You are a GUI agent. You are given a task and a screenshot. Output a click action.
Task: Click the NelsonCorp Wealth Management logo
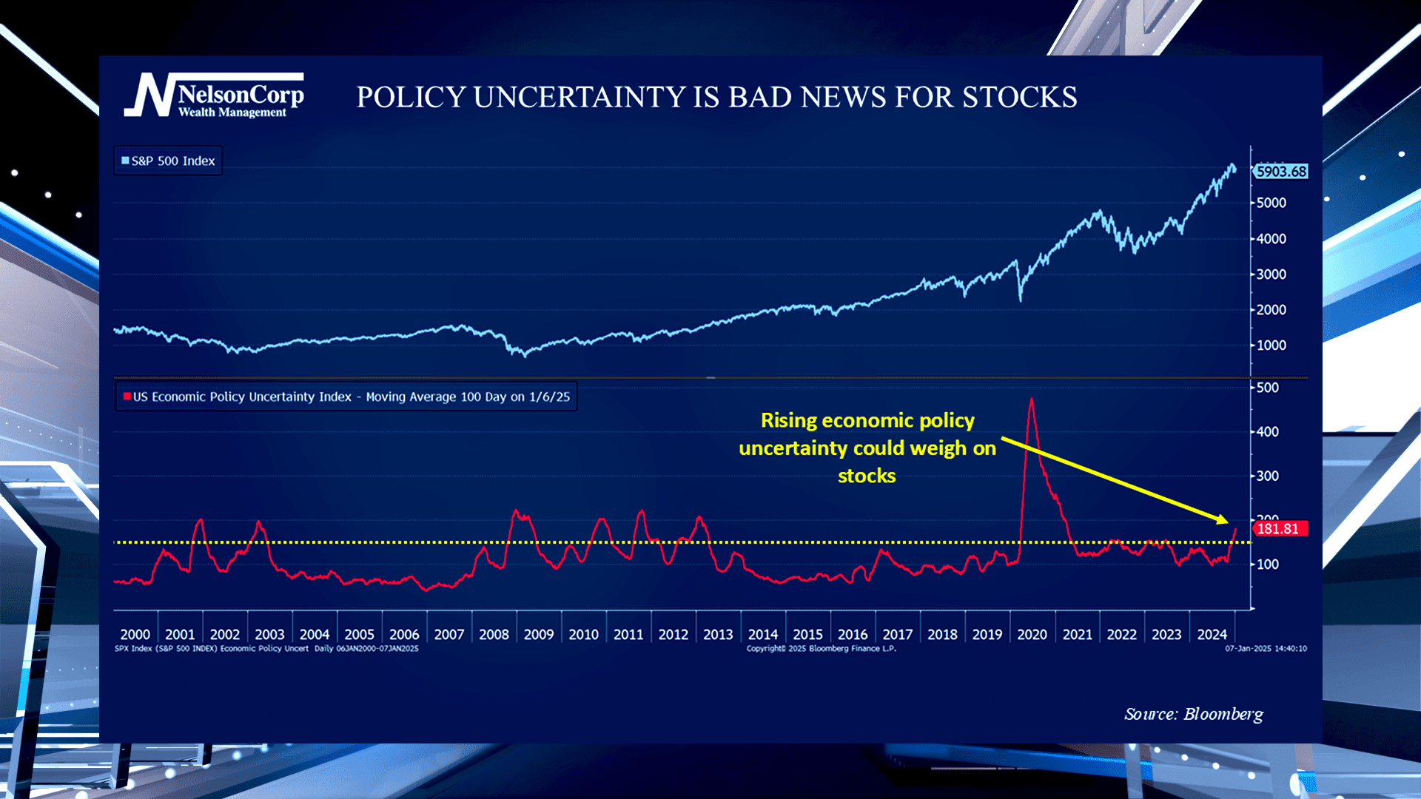point(215,96)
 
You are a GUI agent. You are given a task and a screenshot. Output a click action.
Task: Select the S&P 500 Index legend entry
point(168,161)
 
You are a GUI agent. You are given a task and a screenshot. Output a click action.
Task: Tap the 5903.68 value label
point(1281,172)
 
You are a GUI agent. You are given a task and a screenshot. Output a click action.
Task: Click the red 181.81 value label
point(1278,529)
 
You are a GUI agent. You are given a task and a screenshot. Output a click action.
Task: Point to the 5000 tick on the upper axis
point(1271,203)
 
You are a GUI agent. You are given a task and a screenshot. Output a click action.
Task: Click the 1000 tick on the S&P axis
point(1271,345)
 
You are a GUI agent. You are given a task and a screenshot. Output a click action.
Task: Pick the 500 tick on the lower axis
point(1267,388)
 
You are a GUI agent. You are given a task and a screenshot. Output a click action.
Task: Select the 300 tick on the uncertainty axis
point(1267,476)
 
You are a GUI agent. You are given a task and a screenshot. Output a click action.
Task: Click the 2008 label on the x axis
point(494,635)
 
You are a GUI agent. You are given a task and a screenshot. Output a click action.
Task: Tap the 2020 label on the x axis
point(1032,635)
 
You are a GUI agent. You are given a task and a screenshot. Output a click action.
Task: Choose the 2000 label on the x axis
point(135,635)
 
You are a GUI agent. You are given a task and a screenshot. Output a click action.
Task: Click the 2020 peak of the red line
point(1031,400)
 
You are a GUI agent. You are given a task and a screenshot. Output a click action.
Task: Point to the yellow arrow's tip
point(1226,522)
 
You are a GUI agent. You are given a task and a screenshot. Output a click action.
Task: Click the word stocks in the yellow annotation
point(867,476)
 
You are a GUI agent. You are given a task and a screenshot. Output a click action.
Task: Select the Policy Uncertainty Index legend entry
point(346,397)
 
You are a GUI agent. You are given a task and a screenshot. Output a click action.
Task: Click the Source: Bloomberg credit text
point(1193,714)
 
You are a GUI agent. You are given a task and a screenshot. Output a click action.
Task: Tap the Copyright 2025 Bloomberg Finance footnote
point(821,649)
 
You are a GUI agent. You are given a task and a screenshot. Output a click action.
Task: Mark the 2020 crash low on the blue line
point(1021,300)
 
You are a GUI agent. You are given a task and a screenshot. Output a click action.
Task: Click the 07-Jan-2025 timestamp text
point(1266,649)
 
